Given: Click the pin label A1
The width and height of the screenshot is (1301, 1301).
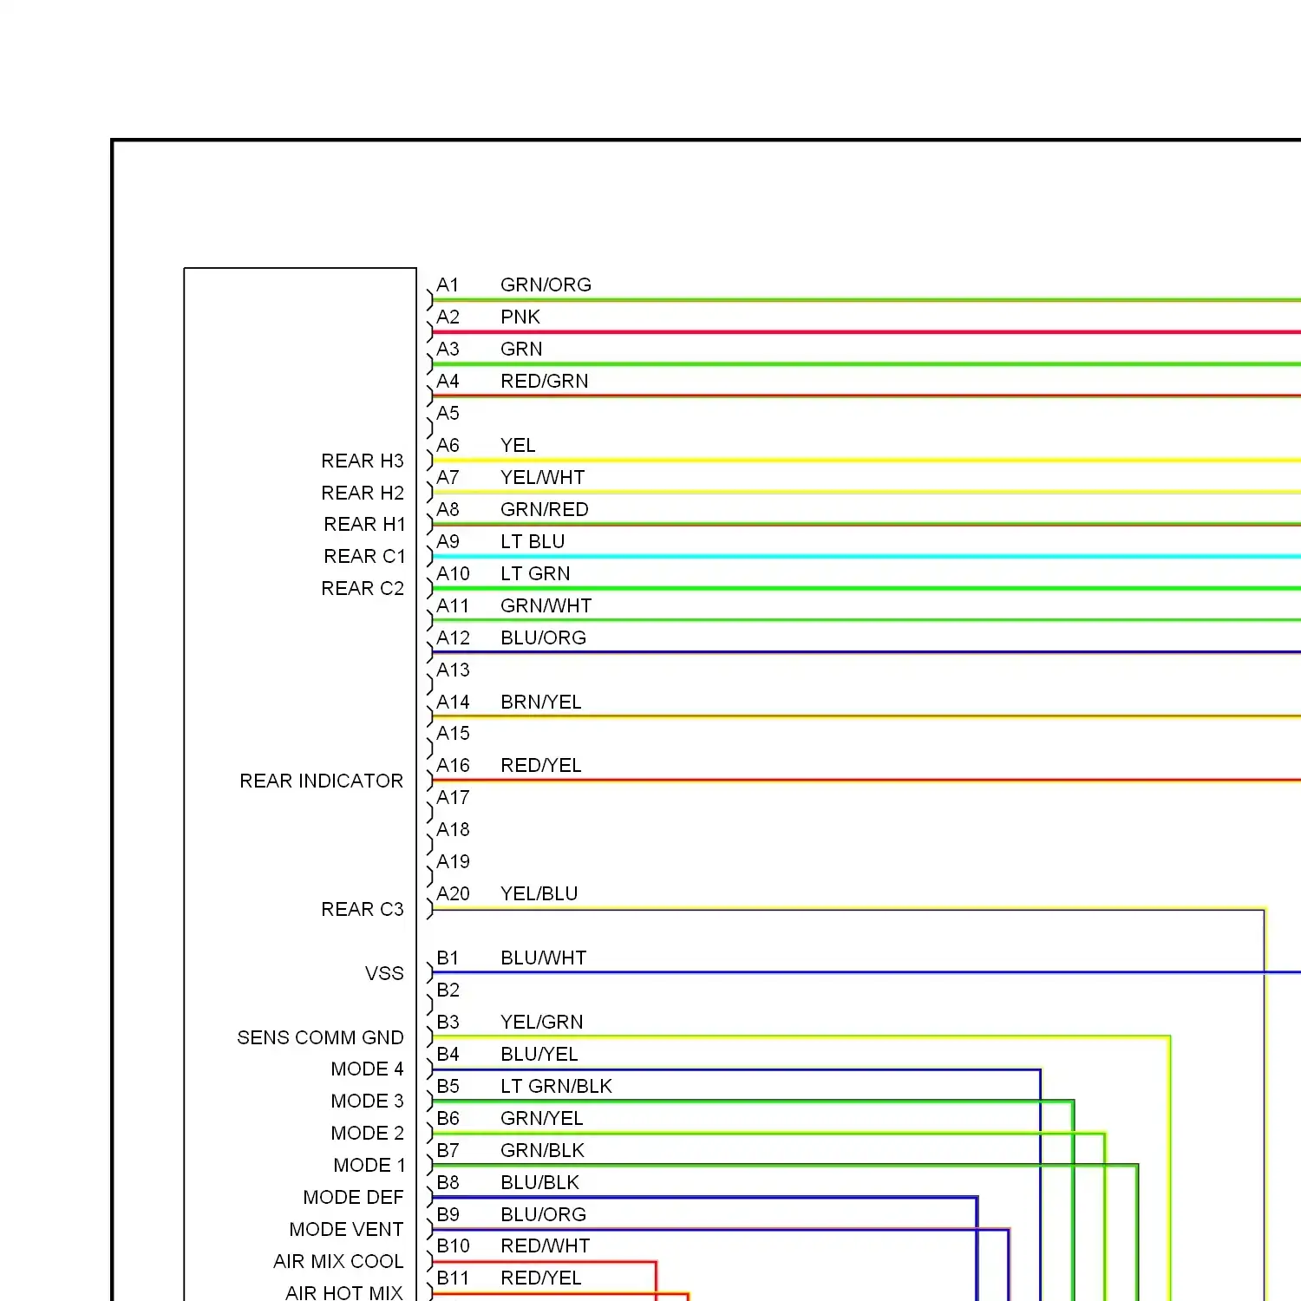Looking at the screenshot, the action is click(x=448, y=285).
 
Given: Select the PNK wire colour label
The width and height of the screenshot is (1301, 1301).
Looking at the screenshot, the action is click(x=520, y=317).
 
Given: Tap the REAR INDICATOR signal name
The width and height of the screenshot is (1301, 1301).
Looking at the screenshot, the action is click(x=321, y=781).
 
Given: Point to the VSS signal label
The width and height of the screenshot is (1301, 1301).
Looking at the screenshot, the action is click(x=384, y=974).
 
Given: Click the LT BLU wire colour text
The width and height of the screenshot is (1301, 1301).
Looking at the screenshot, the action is click(x=533, y=542).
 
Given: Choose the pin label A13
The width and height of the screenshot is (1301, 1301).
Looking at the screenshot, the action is click(x=453, y=670).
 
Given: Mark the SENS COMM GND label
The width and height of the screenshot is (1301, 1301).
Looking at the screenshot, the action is click(x=320, y=1038).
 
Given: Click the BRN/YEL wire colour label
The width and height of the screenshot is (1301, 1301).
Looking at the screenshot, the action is click(x=541, y=703).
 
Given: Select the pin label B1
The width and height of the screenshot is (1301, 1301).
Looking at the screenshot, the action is click(x=448, y=958).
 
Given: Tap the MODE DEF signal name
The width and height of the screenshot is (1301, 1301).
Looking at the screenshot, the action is click(x=353, y=1198).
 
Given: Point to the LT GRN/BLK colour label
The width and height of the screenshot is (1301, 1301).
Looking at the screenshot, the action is click(x=556, y=1087).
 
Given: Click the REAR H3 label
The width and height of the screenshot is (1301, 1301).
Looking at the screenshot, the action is click(x=363, y=461).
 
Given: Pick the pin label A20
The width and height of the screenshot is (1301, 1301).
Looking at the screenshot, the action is click(x=453, y=894).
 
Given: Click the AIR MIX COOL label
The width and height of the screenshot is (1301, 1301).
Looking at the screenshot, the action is click(x=338, y=1262).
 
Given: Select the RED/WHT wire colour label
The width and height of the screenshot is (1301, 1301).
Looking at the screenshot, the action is click(x=546, y=1246).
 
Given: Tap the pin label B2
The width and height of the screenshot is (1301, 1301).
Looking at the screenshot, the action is click(x=448, y=990).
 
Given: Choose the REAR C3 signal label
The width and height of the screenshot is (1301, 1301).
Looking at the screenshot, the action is click(x=363, y=910).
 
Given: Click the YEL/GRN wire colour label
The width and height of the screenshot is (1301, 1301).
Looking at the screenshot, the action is click(x=542, y=1023).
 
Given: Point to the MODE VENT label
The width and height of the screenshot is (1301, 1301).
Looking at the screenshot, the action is click(x=346, y=1230).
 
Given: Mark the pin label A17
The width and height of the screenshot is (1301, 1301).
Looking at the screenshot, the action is click(x=453, y=798).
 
